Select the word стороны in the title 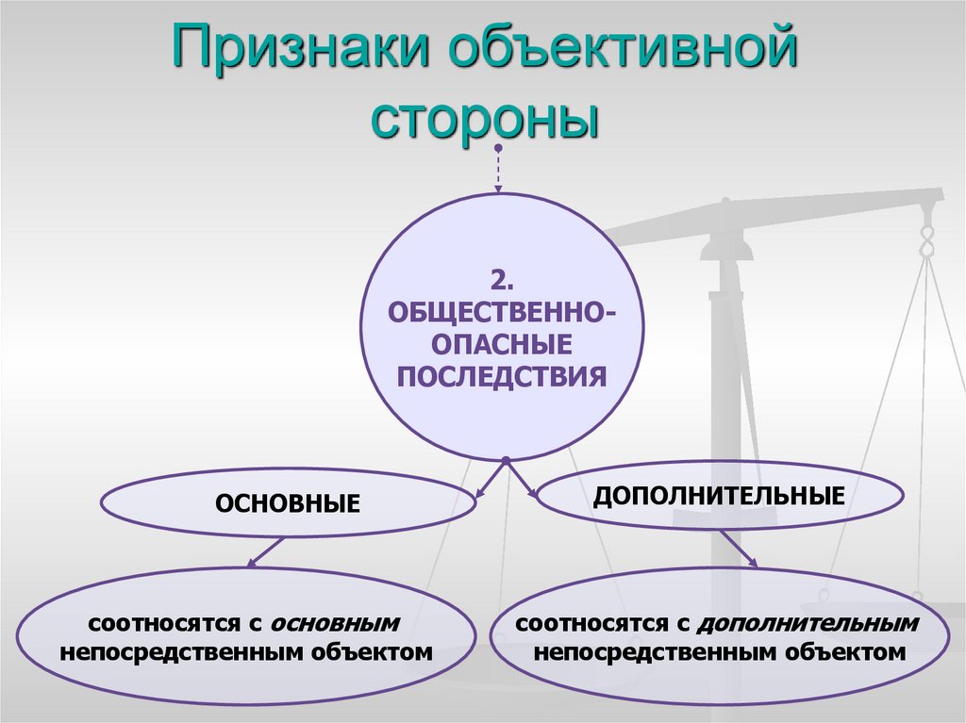tap(484, 118)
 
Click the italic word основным tap(335, 623)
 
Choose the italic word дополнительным tap(809, 623)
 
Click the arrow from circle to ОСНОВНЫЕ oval tap(490, 479)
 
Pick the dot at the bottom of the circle tap(507, 461)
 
